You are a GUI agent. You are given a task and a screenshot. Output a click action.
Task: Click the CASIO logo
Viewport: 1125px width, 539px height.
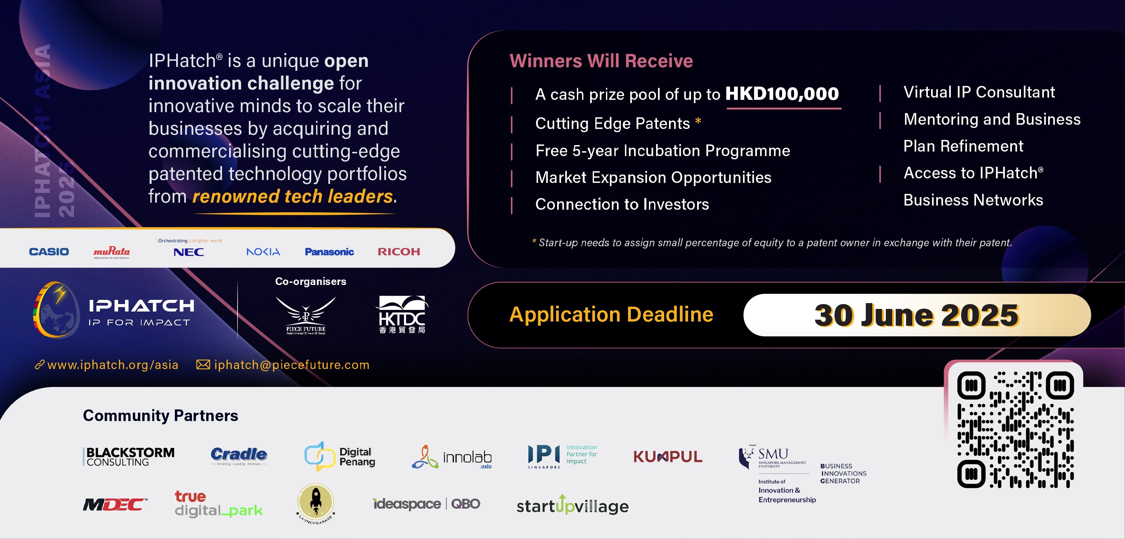pos(49,252)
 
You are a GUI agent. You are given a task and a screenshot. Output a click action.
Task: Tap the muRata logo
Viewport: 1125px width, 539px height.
pos(111,252)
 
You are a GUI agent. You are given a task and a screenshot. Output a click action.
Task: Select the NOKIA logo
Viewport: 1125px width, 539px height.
pos(263,252)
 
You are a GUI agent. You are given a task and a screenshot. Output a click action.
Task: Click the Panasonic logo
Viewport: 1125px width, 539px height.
pos(329,252)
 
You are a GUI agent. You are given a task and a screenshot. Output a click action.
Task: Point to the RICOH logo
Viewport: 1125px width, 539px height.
pos(399,252)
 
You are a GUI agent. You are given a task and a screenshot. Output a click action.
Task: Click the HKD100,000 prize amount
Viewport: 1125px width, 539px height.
pos(782,94)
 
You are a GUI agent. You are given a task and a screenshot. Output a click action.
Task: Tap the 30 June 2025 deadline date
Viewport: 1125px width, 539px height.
pos(916,315)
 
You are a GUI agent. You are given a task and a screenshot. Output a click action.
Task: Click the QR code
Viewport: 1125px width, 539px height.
pos(1015,429)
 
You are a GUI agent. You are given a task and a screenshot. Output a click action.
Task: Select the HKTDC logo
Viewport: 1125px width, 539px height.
pos(402,314)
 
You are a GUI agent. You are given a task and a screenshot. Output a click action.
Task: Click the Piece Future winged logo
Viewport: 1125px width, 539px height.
pos(306,314)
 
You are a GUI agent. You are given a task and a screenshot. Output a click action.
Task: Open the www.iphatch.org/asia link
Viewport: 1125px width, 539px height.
pos(113,365)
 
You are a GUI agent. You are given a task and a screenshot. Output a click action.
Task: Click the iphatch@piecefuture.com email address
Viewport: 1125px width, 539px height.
pos(291,365)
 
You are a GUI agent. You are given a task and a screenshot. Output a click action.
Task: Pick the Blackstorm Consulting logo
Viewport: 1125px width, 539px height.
pos(129,457)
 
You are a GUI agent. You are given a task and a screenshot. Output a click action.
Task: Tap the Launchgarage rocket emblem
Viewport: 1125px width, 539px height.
pos(316,503)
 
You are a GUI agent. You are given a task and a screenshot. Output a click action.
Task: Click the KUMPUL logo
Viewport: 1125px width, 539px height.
pos(668,457)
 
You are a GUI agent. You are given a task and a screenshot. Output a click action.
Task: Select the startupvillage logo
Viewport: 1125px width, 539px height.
pos(573,506)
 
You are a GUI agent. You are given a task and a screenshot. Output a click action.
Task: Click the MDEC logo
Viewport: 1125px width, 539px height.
pos(115,504)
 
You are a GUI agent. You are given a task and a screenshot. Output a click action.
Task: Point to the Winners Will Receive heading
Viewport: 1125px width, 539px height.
pos(601,61)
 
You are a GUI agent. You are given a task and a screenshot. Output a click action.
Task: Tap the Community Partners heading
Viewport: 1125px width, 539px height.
pos(160,415)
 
